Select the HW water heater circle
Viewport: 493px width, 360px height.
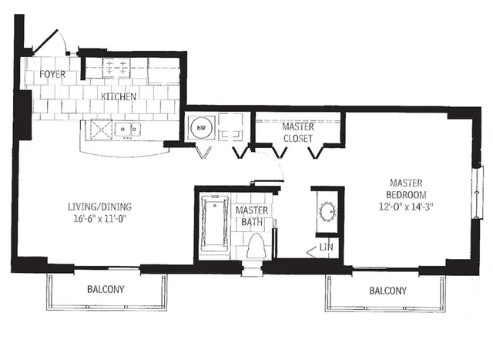click(199, 127)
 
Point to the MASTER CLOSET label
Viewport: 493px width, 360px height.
click(297, 132)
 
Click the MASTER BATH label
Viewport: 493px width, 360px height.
click(252, 216)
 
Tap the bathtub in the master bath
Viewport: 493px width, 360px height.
click(211, 224)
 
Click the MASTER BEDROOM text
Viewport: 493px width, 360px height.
click(409, 189)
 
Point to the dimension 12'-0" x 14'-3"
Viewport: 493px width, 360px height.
click(409, 207)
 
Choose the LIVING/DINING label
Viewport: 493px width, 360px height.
click(100, 206)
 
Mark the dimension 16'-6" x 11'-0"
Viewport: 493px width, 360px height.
click(100, 219)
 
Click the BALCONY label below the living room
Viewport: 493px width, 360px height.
click(106, 290)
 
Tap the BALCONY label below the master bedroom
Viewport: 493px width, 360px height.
click(387, 291)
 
